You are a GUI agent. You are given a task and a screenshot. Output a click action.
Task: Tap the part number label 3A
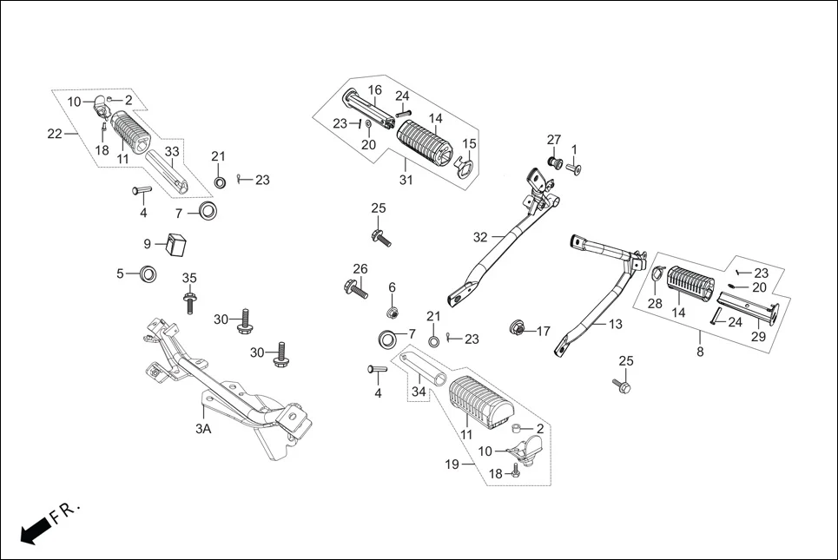pyautogui.click(x=202, y=429)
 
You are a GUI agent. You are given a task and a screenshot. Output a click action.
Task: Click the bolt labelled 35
pyautogui.click(x=188, y=300)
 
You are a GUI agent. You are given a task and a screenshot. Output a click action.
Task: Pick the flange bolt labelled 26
pyautogui.click(x=357, y=287)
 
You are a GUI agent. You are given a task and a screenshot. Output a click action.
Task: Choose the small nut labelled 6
pyautogui.click(x=392, y=312)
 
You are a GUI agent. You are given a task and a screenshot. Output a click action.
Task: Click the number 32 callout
pyautogui.click(x=481, y=236)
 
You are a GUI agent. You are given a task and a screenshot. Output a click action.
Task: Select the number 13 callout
pyautogui.click(x=615, y=325)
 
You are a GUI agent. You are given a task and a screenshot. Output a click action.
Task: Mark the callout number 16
pyautogui.click(x=374, y=90)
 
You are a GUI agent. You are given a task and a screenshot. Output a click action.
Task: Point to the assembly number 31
pyautogui.click(x=406, y=181)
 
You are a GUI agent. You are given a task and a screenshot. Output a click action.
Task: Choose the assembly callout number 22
pyautogui.click(x=54, y=133)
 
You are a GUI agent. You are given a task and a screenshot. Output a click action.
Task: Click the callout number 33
pyautogui.click(x=173, y=152)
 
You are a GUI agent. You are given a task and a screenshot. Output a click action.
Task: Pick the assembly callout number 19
pyautogui.click(x=452, y=465)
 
